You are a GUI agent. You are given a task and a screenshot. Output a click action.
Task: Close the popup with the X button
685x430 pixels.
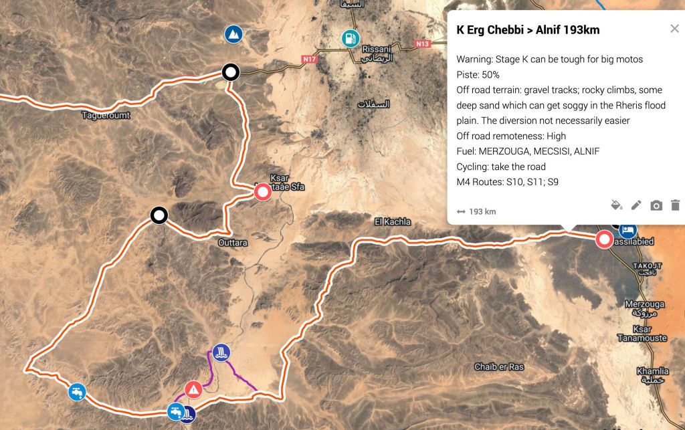674,29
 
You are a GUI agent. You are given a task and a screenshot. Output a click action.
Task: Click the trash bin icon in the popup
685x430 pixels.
675,205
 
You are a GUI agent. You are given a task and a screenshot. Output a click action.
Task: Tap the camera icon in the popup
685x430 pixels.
656,205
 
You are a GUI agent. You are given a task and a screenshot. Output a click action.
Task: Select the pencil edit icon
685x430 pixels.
636,205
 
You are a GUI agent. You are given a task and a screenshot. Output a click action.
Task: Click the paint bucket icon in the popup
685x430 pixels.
617,205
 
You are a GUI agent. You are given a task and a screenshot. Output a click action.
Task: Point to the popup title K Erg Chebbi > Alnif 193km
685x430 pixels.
528,30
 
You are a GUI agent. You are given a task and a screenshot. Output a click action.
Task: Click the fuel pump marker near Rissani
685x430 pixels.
350,38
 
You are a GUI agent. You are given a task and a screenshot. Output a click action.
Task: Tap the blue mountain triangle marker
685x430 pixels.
233,33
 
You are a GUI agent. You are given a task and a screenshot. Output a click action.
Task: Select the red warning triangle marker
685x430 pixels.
193,389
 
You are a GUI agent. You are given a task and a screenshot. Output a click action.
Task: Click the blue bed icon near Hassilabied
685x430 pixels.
627,230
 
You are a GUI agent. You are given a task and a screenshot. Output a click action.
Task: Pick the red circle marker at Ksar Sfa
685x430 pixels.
262,193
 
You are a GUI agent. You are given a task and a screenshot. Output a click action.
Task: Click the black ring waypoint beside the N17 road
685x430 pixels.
231,72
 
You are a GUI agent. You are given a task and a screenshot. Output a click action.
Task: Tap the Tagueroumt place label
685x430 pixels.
106,115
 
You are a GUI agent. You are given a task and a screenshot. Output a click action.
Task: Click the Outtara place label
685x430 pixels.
233,243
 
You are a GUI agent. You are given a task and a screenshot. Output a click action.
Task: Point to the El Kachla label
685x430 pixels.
393,221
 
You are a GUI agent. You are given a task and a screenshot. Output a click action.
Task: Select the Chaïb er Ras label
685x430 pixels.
498,366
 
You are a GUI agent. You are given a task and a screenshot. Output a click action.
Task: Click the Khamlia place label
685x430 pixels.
652,372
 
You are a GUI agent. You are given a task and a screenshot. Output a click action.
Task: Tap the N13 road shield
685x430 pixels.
421,44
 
